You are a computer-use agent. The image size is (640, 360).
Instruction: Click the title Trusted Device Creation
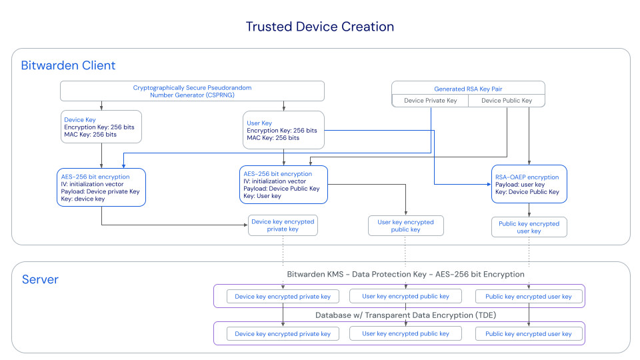click(320, 27)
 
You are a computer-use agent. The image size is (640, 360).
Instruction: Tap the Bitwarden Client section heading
click(68, 65)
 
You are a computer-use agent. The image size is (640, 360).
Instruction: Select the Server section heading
click(40, 279)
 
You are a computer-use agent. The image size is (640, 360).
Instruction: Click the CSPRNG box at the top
click(192, 91)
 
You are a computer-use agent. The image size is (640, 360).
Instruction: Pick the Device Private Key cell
click(430, 101)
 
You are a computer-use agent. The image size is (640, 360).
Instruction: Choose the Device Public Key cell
click(507, 101)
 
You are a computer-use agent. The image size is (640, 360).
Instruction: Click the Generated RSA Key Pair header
click(468, 89)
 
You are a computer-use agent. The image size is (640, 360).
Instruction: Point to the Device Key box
click(101, 127)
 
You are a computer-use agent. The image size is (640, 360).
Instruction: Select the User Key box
click(283, 129)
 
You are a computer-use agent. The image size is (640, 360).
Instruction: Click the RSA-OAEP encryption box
click(529, 185)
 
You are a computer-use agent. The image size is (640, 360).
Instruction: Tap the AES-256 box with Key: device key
click(101, 187)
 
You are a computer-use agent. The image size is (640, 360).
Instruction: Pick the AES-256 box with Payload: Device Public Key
click(283, 184)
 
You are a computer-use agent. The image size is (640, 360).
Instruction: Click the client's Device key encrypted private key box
click(283, 225)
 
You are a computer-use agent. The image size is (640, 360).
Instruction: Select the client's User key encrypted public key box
click(405, 225)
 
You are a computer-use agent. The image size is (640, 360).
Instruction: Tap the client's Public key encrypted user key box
click(529, 227)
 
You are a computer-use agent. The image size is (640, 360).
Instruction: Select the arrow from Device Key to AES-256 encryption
click(101, 155)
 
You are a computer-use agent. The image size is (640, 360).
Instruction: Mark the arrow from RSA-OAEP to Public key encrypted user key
click(529, 210)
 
